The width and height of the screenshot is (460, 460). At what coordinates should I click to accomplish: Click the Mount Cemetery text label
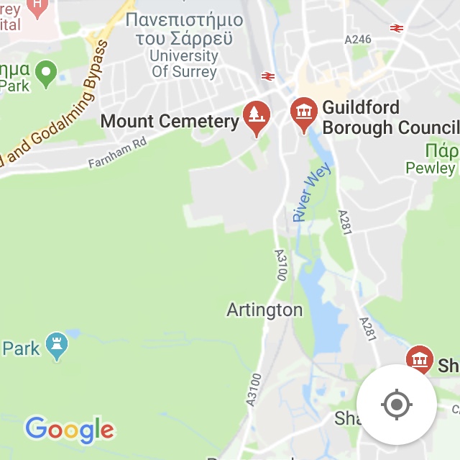[170, 121]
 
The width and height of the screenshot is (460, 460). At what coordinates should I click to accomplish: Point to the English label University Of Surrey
[184, 63]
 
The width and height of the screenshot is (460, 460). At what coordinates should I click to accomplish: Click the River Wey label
[310, 193]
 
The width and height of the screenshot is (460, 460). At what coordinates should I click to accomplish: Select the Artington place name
[264, 310]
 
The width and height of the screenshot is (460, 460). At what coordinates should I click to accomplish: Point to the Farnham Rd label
[117, 153]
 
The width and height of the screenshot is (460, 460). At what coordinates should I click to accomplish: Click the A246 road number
[357, 40]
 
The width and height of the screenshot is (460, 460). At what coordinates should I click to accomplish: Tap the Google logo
[70, 430]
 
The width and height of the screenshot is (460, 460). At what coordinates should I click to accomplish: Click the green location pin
[47, 73]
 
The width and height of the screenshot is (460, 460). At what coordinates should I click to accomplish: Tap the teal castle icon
[56, 346]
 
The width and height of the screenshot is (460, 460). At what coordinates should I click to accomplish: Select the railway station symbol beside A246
[396, 28]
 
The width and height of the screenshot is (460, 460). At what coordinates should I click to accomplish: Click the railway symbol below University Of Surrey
[268, 76]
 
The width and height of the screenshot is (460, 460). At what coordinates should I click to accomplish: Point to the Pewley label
[431, 168]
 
